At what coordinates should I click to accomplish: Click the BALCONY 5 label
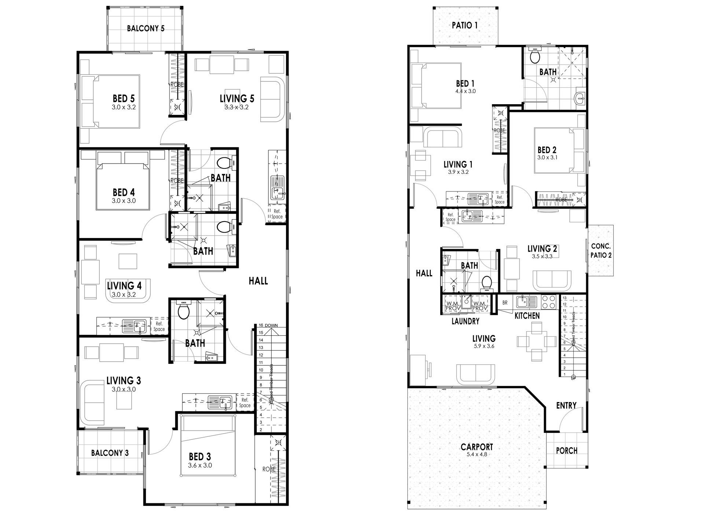[x=146, y=28]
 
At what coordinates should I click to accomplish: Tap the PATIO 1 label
[x=465, y=25]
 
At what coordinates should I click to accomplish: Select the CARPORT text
[x=477, y=447]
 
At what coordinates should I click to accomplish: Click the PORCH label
[x=566, y=450]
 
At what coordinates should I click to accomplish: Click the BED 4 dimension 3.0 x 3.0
[x=124, y=201]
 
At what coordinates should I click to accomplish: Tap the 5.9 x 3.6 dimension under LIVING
[x=484, y=346]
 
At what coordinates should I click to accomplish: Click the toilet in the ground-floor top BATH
[x=535, y=56]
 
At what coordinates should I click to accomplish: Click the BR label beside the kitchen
[x=505, y=303]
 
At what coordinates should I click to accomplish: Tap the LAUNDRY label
[x=465, y=321]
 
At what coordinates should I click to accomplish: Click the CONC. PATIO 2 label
[x=601, y=251]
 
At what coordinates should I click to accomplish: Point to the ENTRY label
[x=566, y=405]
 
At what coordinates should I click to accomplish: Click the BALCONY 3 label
[x=110, y=453]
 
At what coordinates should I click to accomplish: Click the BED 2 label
[x=547, y=150]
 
